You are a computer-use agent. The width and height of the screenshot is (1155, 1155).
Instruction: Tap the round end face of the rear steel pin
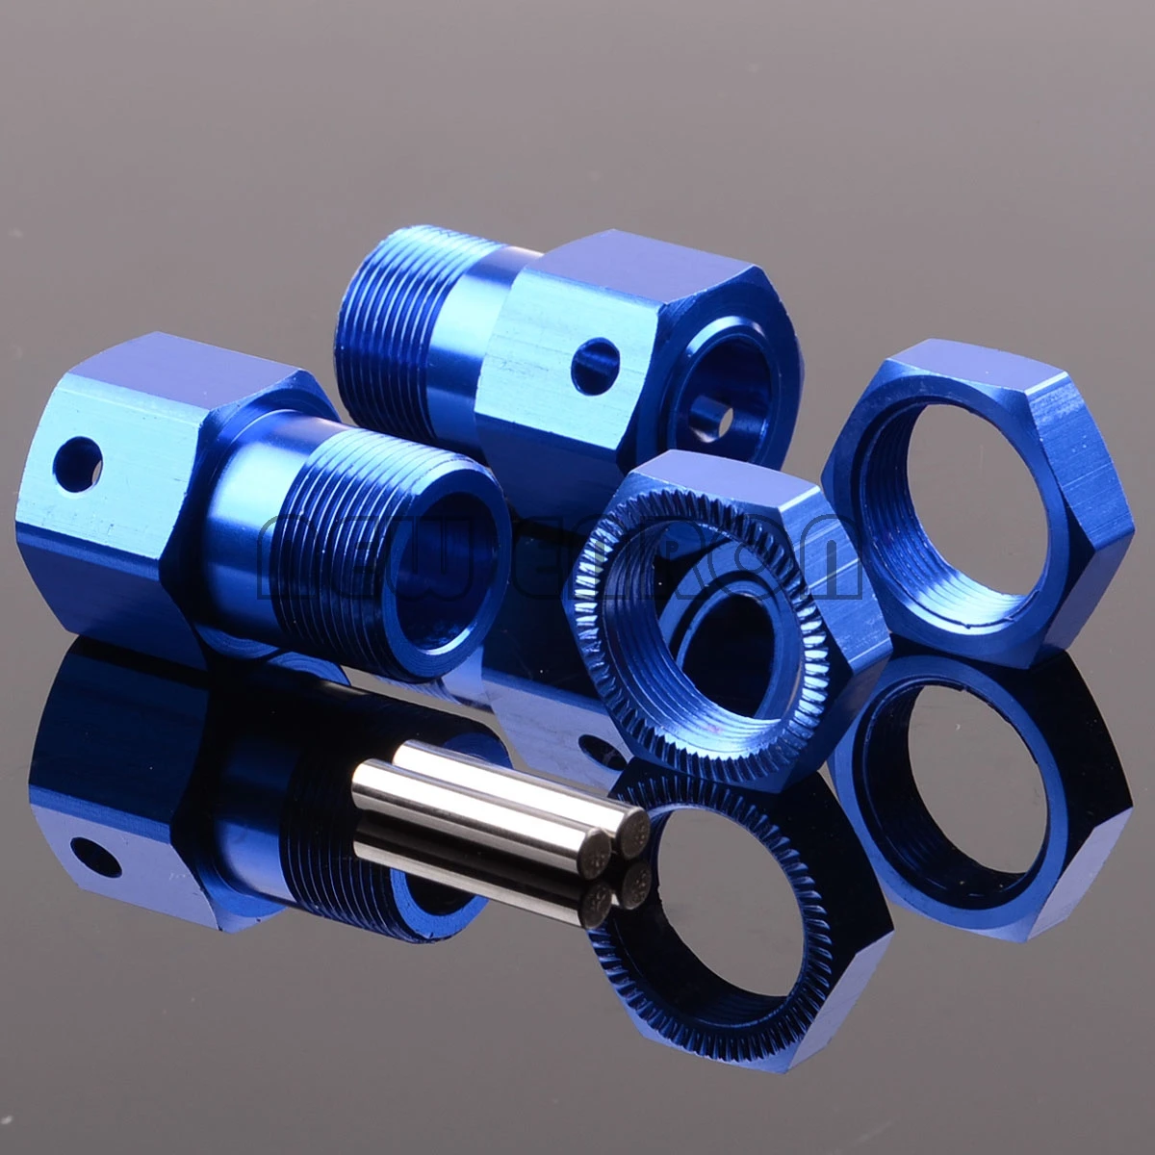[x=635, y=823]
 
